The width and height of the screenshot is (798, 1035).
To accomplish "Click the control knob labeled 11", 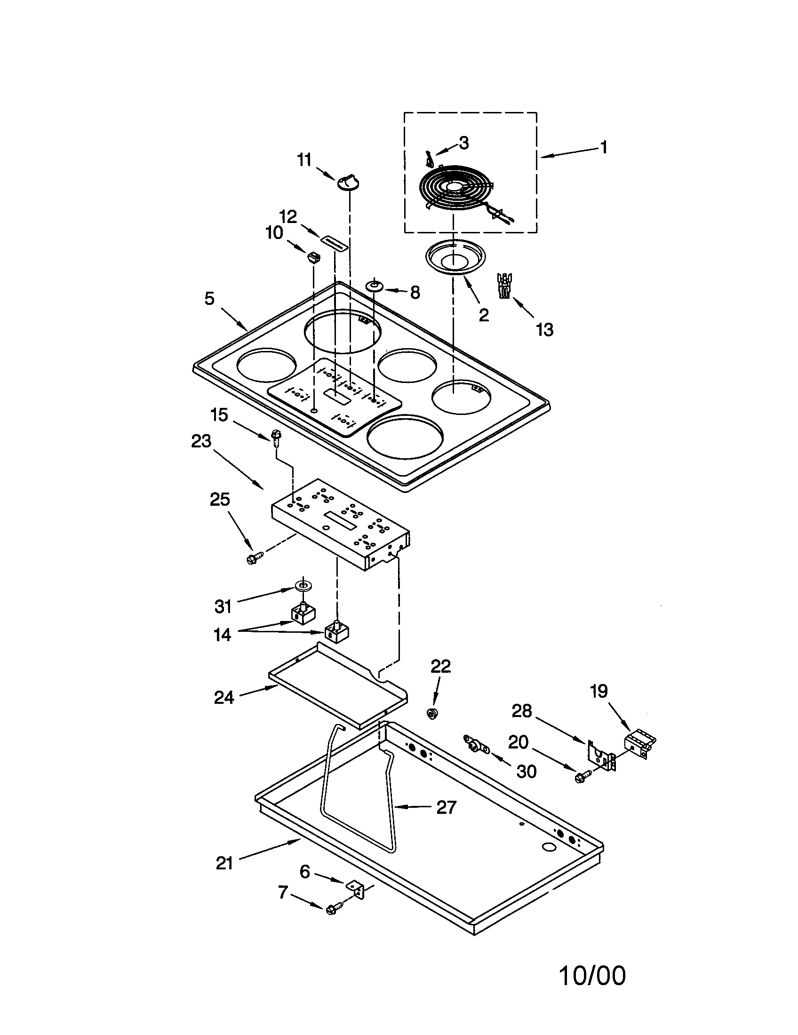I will coord(348,182).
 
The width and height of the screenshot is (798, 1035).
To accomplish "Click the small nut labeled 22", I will coord(431,713).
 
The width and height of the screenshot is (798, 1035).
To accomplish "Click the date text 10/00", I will coord(592,976).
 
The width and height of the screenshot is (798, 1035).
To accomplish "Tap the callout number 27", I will coord(446,807).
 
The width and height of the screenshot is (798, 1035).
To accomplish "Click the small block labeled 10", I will coord(313,257).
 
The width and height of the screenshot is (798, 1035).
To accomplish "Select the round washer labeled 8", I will coord(374,286).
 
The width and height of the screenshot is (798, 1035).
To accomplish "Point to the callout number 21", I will coord(224,863).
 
